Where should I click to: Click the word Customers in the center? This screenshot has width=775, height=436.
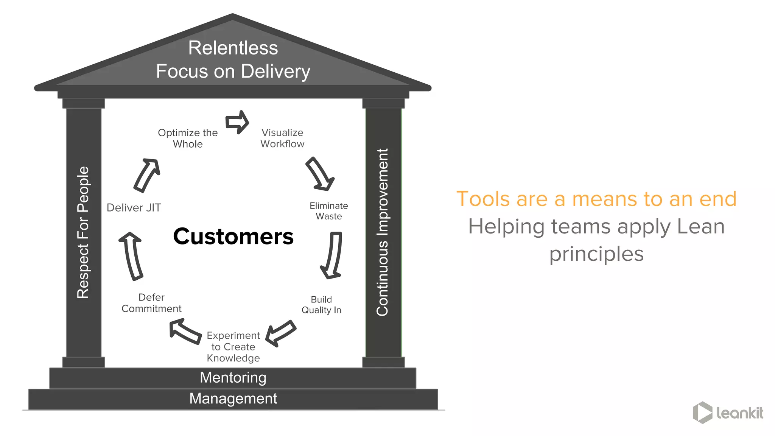[x=233, y=237]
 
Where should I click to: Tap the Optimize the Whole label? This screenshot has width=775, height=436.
[x=188, y=138]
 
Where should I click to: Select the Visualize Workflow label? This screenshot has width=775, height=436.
[x=282, y=138]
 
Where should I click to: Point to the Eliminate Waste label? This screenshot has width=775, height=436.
[x=328, y=211]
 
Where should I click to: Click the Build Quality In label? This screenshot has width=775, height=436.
[x=321, y=305]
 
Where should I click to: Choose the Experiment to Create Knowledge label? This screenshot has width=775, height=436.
[x=233, y=347]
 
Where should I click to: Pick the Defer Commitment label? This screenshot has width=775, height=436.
[x=151, y=303]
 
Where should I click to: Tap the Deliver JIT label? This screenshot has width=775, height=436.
[x=134, y=207]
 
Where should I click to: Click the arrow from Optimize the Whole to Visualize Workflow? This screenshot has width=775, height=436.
[x=237, y=122]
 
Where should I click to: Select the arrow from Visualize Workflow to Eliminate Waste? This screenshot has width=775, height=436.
[x=320, y=174]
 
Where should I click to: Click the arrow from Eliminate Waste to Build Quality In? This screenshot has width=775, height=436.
[x=332, y=255]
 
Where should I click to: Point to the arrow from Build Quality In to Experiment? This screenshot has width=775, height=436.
[x=280, y=333]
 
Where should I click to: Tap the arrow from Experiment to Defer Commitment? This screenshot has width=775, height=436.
[x=185, y=332]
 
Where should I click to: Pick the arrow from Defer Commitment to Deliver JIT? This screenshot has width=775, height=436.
[x=131, y=256]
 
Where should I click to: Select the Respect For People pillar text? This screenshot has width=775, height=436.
[x=83, y=232]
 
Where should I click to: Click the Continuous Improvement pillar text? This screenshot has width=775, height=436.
[x=383, y=232]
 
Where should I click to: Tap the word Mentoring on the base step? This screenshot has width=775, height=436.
[x=233, y=377]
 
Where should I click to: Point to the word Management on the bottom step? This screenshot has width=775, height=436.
[x=233, y=399]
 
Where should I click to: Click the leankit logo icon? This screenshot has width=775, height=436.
[x=702, y=413]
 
